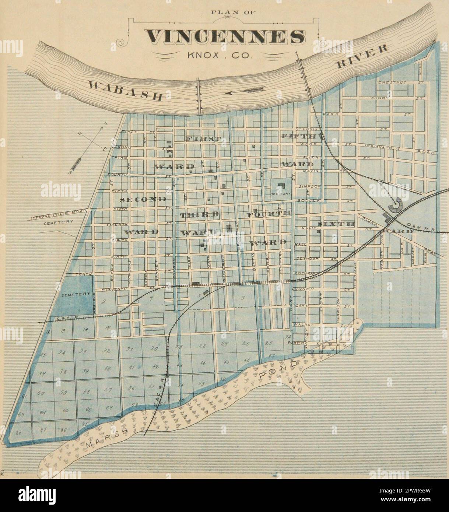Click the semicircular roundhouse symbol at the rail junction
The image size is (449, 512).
click(x=398, y=205)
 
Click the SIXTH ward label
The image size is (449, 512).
click(x=336, y=224)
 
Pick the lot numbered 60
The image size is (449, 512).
click(x=41, y=394)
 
